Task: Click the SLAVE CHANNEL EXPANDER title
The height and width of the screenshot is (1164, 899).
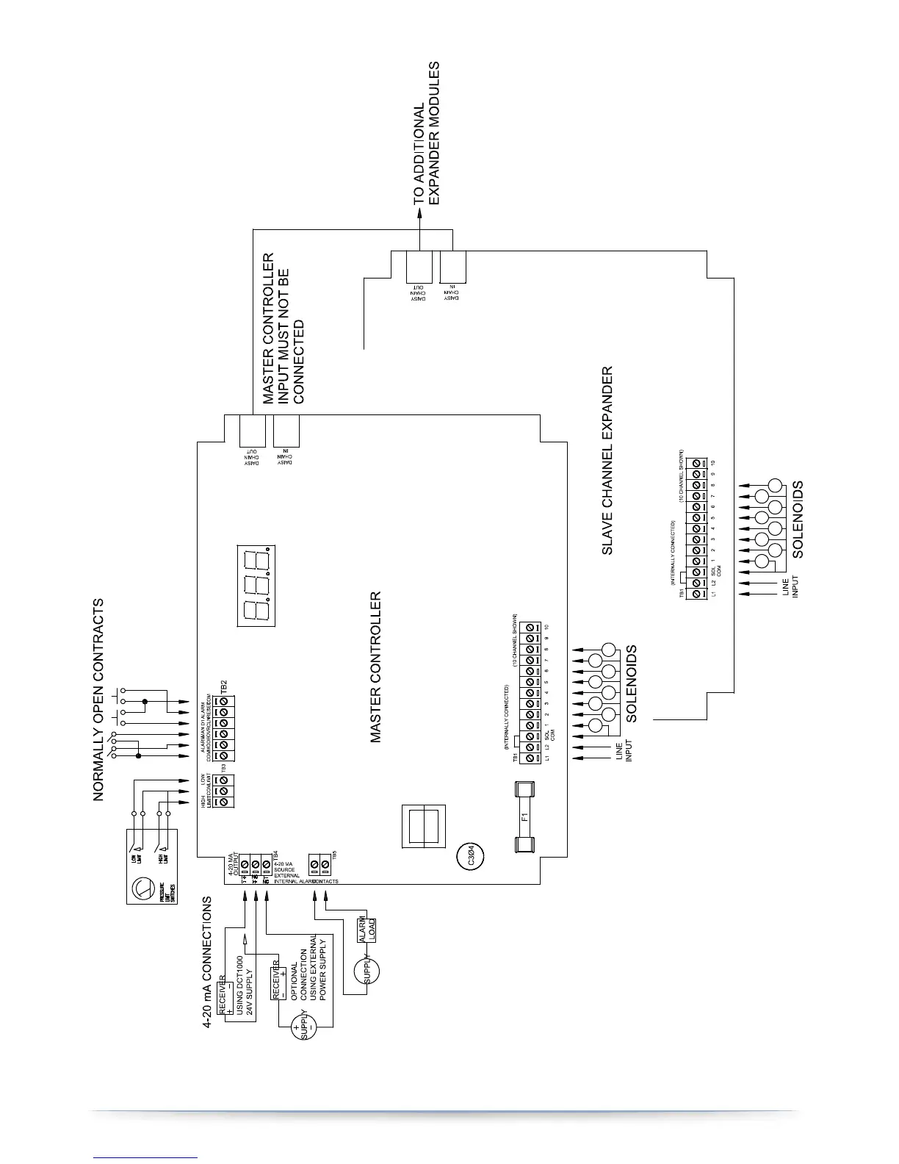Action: click(607, 460)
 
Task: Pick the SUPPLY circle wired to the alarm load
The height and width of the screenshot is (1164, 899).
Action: click(367, 970)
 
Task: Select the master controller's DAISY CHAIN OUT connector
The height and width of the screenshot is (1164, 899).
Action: click(252, 431)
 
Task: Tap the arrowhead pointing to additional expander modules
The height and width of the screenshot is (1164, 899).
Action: click(420, 212)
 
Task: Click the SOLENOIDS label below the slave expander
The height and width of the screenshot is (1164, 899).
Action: click(798, 519)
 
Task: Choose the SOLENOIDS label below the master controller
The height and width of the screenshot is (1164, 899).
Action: click(631, 683)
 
